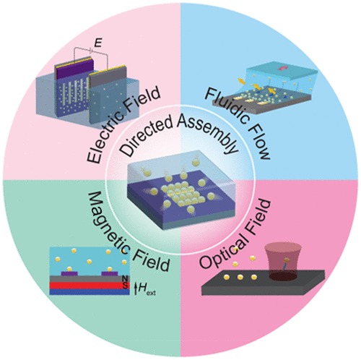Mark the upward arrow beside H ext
click(135, 289)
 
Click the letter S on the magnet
click(125, 286)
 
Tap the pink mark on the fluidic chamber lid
click(282, 69)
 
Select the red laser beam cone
click(283, 262)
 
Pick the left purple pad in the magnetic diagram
click(70, 273)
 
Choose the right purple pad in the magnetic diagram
click(110, 273)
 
